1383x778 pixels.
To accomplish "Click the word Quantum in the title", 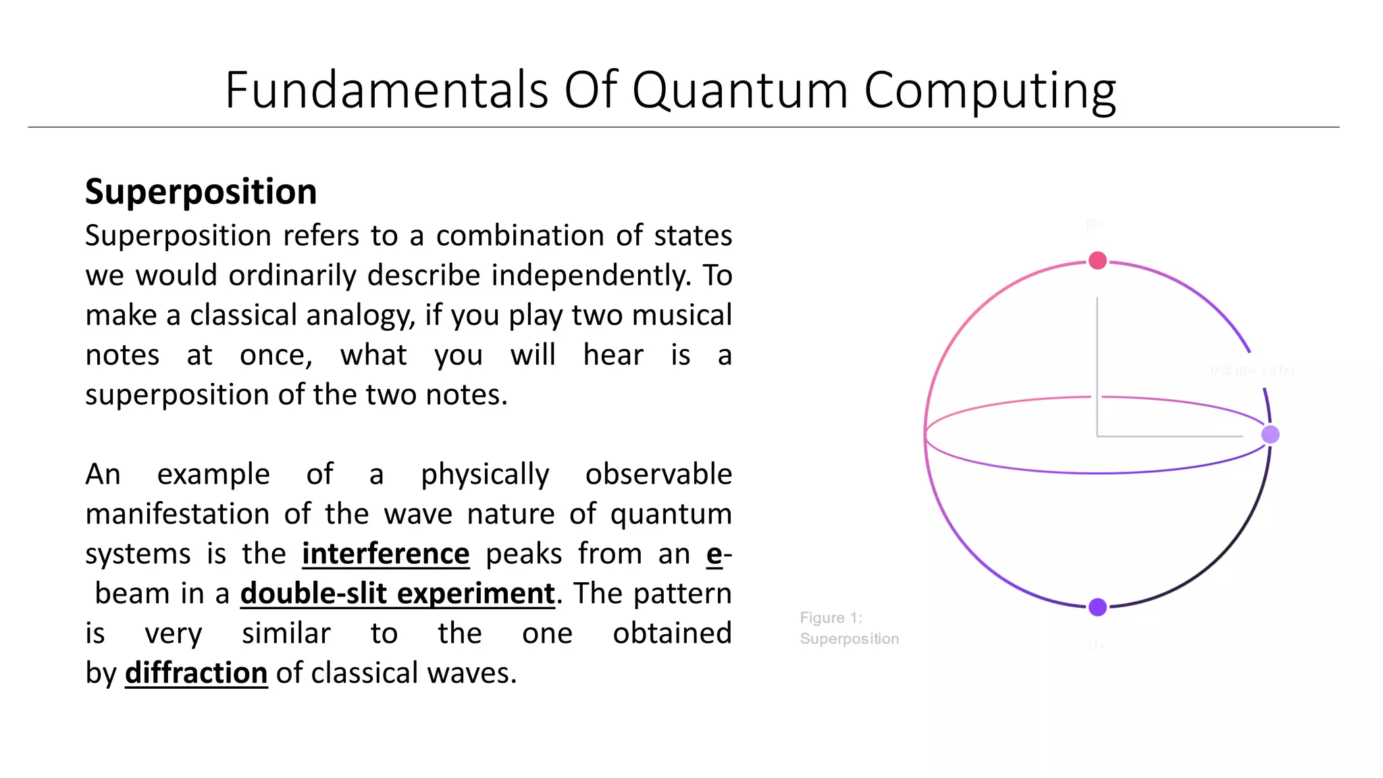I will pyautogui.click(x=739, y=91).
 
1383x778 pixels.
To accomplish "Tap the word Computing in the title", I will pyautogui.click(x=989, y=91).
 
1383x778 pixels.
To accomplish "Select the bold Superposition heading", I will pyautogui.click(x=201, y=192).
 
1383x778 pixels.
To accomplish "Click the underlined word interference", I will pyautogui.click(x=386, y=554).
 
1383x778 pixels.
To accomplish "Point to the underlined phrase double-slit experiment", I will pyautogui.click(x=397, y=594).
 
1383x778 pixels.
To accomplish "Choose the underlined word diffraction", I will pyautogui.click(x=196, y=673).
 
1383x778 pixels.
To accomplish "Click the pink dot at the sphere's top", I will pyautogui.click(x=1097, y=260).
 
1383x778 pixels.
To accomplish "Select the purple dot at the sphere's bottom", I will pyautogui.click(x=1097, y=607).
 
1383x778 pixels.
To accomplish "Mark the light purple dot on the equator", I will pyautogui.click(x=1270, y=434).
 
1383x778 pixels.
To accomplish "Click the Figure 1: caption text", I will pyautogui.click(x=831, y=618).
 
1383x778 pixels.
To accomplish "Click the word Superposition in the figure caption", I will pyautogui.click(x=849, y=639).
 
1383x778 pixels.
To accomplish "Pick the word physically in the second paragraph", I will pyautogui.click(x=485, y=475).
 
